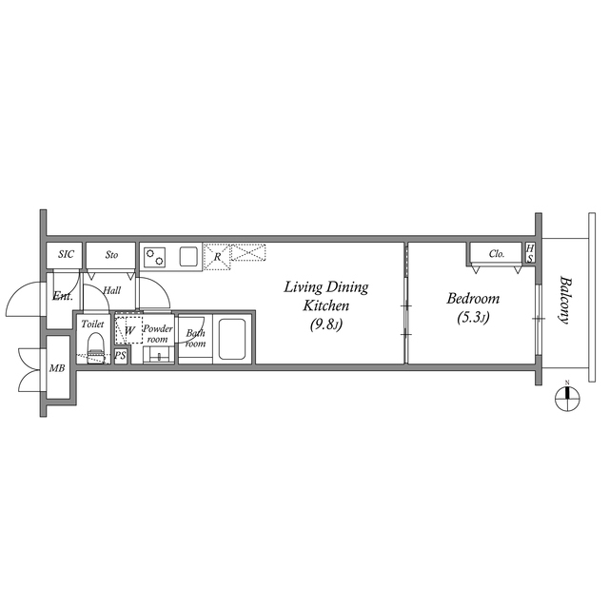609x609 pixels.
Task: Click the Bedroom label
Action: (473, 299)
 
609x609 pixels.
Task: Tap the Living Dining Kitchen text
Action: (325, 296)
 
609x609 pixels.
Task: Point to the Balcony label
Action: (565, 300)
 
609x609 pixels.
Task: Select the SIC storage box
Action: (65, 255)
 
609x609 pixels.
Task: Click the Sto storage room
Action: (110, 255)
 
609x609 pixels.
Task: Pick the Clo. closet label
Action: (497, 254)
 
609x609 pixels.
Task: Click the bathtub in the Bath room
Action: (232, 339)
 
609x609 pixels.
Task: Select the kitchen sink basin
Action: (188, 256)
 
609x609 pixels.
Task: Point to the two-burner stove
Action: (154, 257)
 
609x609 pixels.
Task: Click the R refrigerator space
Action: (217, 257)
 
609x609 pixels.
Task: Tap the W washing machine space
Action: (129, 330)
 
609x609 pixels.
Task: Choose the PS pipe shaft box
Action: (121, 355)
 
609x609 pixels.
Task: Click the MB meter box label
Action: (57, 368)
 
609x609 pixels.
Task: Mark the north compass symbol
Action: (567, 398)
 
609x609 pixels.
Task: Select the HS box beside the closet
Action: (530, 253)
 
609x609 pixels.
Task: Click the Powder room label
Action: (158, 334)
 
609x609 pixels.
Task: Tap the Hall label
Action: (112, 290)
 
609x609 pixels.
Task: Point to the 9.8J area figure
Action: (325, 324)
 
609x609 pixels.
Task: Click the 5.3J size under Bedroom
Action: (473, 317)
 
